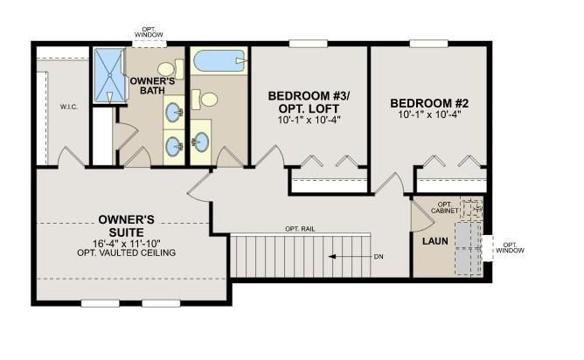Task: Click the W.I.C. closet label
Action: [69, 107]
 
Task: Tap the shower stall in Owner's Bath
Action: [109, 75]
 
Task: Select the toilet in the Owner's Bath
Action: [171, 69]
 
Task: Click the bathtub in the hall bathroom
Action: [219, 60]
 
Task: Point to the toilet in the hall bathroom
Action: [205, 100]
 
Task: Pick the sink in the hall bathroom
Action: [201, 142]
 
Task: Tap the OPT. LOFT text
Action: [309, 108]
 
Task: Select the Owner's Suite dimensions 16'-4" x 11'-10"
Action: [126, 244]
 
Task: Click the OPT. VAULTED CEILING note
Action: [126, 253]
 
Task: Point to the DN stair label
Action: [379, 257]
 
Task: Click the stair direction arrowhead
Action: [332, 257]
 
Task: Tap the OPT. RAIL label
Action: [300, 229]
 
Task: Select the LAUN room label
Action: [435, 241]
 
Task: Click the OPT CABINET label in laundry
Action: [444, 208]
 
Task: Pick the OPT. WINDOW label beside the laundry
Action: [510, 247]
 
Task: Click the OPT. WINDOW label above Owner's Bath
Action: [149, 32]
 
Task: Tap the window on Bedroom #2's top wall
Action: [428, 44]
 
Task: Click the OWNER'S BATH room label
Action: [152, 86]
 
